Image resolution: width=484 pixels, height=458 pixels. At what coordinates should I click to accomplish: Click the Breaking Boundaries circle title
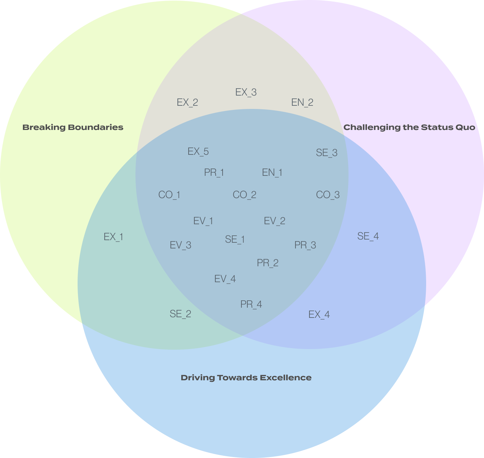[73, 127]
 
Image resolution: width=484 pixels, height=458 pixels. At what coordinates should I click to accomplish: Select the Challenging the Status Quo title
[409, 127]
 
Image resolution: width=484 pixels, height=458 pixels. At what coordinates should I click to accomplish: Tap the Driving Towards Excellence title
[246, 378]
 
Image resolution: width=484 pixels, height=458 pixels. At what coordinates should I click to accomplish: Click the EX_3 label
[246, 92]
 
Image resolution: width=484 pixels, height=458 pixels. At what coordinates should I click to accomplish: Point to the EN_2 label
[302, 103]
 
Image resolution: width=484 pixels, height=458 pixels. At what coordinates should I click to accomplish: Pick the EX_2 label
[187, 103]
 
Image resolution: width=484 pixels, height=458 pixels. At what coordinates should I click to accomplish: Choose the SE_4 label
[368, 236]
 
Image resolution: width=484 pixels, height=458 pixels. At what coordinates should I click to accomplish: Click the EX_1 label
[113, 237]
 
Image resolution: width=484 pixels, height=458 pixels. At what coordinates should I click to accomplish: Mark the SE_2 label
[180, 314]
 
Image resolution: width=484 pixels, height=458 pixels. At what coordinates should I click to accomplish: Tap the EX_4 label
[319, 315]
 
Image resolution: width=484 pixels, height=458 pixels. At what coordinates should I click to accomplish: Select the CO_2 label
[244, 195]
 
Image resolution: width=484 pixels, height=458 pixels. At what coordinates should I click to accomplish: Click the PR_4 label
[251, 304]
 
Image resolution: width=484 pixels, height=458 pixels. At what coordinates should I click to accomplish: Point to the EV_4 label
[225, 279]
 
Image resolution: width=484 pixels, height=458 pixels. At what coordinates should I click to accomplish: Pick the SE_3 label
[327, 153]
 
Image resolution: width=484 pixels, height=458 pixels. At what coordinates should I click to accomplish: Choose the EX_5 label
[198, 152]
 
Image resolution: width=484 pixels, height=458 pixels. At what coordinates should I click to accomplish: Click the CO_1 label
[169, 195]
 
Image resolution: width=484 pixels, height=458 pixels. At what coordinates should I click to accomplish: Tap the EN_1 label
[272, 173]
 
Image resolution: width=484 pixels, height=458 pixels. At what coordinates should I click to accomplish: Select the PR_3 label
[305, 245]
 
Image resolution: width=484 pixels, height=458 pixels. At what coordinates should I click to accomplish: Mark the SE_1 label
[235, 240]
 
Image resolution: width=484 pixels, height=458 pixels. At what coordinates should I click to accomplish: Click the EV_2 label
[274, 221]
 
